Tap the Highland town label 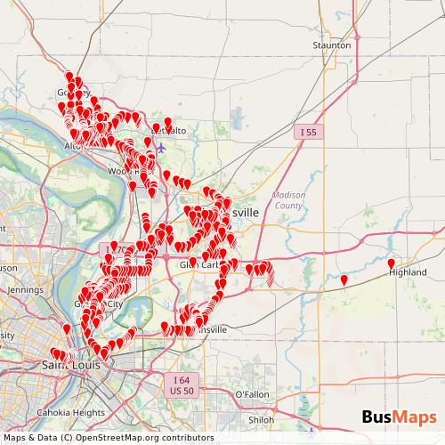coord(408,273)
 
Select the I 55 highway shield coord(307,132)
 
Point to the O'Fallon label coord(252,394)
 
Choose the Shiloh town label coord(261,419)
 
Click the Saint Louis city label coord(69,365)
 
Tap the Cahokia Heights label coord(71,412)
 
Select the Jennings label coord(25,290)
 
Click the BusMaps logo coord(399,417)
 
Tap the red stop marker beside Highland coord(391,264)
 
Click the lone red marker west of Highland coord(344,280)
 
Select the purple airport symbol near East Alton coord(159,148)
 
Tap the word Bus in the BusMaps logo coord(377,417)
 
